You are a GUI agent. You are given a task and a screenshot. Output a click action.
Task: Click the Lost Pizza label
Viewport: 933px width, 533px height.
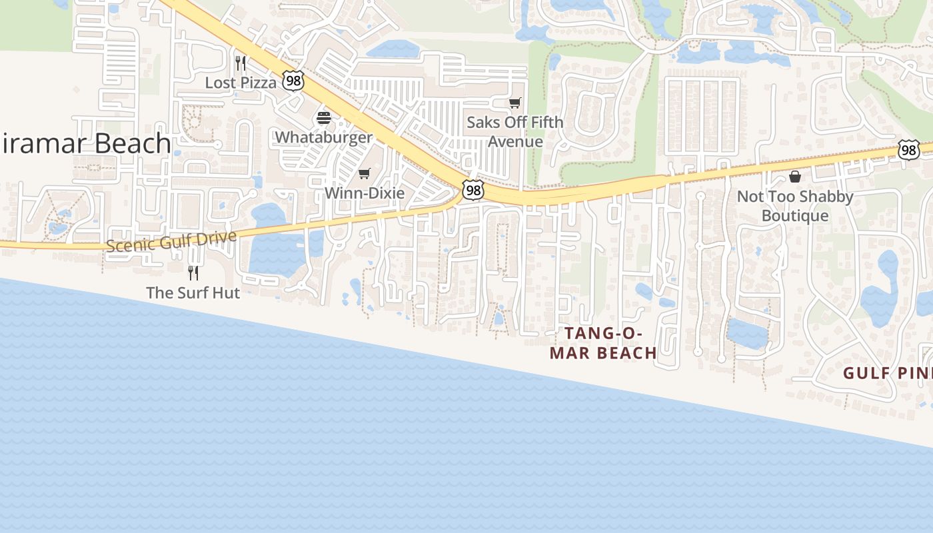[241, 83]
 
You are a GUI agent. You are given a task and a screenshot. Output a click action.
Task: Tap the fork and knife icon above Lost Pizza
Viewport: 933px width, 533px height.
[241, 63]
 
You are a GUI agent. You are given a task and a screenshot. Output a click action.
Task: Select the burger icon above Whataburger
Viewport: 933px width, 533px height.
[324, 119]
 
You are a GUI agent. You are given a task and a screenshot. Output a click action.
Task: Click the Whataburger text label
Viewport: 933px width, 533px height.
[324, 137]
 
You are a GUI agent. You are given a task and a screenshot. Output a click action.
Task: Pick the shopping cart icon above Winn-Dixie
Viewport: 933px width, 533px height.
[364, 174]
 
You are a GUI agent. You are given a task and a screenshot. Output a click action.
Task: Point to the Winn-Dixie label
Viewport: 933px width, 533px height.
[364, 193]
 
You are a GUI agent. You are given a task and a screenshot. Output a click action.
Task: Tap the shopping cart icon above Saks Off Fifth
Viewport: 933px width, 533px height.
[514, 103]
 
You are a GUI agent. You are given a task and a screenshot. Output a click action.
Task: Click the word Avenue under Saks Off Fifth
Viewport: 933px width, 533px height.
[515, 141]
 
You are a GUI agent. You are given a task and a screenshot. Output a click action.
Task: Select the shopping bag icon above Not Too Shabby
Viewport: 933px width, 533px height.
[795, 177]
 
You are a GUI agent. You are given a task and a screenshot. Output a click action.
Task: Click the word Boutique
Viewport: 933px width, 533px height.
[795, 216]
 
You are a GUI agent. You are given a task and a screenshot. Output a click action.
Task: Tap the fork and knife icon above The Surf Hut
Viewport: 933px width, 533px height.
[193, 272]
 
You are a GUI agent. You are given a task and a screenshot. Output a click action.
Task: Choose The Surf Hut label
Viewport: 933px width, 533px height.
[193, 292]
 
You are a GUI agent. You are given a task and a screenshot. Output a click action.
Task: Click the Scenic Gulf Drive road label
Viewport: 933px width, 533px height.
[171, 241]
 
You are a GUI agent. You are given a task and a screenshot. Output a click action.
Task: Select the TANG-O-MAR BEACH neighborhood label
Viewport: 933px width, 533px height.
[603, 342]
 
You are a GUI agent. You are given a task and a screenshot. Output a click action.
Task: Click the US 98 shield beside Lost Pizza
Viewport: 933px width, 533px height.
[293, 81]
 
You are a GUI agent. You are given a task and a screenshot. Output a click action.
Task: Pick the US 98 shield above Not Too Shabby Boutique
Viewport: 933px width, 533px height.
[908, 150]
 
